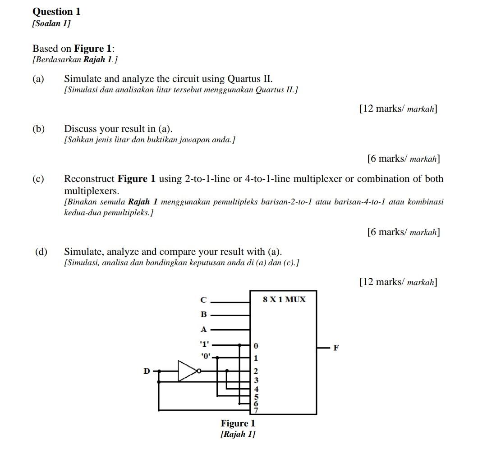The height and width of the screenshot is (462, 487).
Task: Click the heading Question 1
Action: pos(56,12)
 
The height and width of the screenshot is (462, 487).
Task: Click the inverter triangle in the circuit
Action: pos(188,371)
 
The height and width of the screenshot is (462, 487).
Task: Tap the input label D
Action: pos(147,371)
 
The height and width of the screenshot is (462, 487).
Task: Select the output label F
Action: pos(335,348)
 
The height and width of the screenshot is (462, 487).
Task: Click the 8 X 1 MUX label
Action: pos(284,299)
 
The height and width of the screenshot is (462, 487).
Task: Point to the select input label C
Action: pos(203,299)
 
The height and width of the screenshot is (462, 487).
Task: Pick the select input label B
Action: pos(203,314)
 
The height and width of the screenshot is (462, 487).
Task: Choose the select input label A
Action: pos(203,329)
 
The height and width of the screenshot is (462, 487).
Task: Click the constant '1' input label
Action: pos(205,344)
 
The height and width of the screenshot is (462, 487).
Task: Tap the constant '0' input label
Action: pos(206,356)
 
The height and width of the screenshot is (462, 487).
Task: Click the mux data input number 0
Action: pos(256,346)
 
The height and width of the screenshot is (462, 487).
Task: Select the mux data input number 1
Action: pos(256,359)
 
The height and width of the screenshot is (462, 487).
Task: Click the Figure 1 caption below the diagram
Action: pos(238,423)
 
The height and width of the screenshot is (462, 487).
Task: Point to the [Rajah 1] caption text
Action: pos(238,434)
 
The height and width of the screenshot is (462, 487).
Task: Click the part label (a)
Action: pos(38,79)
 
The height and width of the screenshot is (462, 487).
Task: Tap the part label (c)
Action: pos(38,179)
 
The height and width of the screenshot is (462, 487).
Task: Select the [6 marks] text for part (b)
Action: pos(404,159)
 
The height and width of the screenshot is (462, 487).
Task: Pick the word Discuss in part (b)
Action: pos(81,129)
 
